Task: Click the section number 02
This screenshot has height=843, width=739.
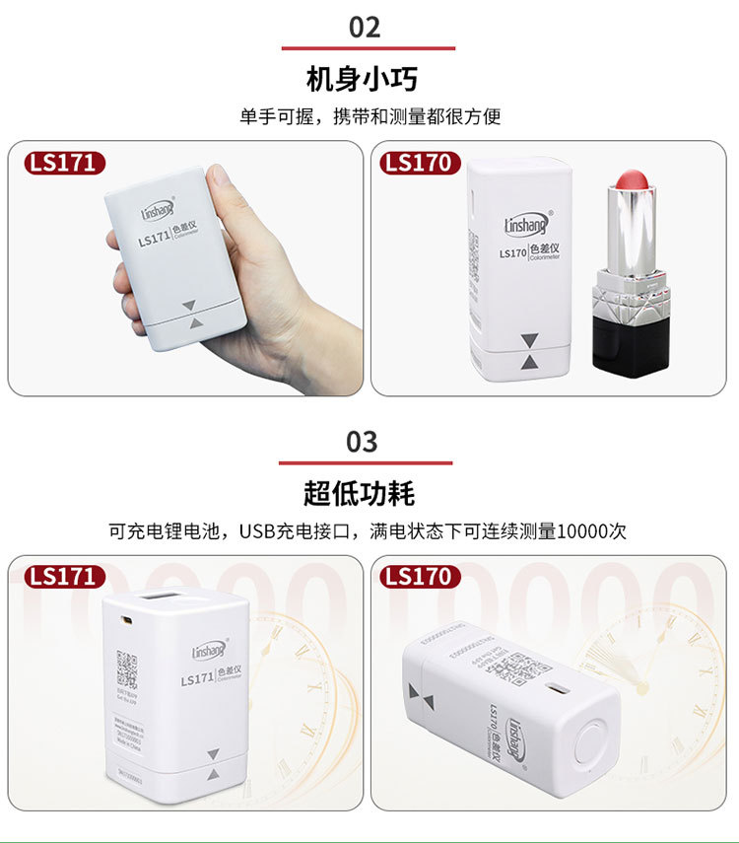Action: pos(365,27)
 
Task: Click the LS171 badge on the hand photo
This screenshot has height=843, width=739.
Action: pos(63,163)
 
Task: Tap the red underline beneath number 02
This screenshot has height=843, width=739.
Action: pos(369,47)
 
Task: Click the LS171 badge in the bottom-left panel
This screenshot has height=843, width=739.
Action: pos(63,577)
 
